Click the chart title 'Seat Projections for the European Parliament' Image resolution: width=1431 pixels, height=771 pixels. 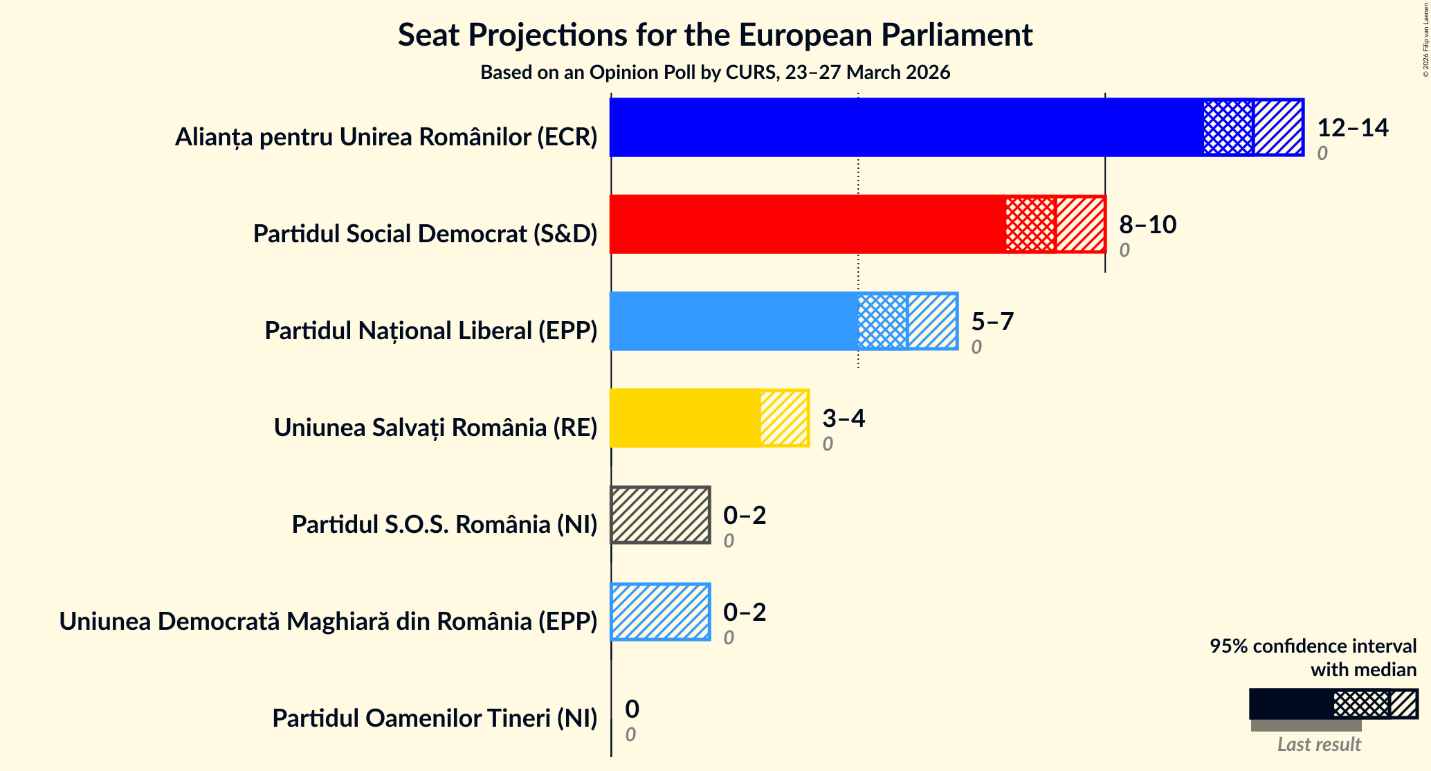pyautogui.click(x=715, y=35)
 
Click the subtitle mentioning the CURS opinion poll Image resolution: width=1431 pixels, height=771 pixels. pyautogui.click(x=715, y=73)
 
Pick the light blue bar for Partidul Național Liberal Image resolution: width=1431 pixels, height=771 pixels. pyautogui.click(x=733, y=321)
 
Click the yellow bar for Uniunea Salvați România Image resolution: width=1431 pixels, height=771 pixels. pyautogui.click(x=685, y=418)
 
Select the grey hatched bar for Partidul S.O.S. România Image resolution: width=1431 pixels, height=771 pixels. pyautogui.click(x=661, y=515)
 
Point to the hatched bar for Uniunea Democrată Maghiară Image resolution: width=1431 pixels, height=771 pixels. pyautogui.click(x=661, y=612)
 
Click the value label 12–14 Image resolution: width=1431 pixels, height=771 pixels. pyautogui.click(x=1352, y=128)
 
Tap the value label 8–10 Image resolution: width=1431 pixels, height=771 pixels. pyautogui.click(x=1147, y=225)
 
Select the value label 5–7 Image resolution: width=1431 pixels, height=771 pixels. pyautogui.click(x=992, y=322)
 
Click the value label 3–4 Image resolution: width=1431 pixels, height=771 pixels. pyautogui.click(x=843, y=419)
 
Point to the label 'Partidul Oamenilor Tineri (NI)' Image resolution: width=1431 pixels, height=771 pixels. pyautogui.click(x=435, y=718)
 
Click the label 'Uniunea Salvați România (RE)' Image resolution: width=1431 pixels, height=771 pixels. pyautogui.click(x=435, y=428)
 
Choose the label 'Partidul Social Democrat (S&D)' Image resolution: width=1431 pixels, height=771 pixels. pyautogui.click(x=425, y=234)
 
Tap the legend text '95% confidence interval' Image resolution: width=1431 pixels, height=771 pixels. pyautogui.click(x=1313, y=646)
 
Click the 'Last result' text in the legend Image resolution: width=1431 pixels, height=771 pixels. pyautogui.click(x=1318, y=745)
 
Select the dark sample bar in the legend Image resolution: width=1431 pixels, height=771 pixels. pyautogui.click(x=1291, y=704)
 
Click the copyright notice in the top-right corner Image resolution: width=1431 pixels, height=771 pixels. pyautogui.click(x=1425, y=39)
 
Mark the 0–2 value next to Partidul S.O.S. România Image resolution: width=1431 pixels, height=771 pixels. pyautogui.click(x=745, y=516)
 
